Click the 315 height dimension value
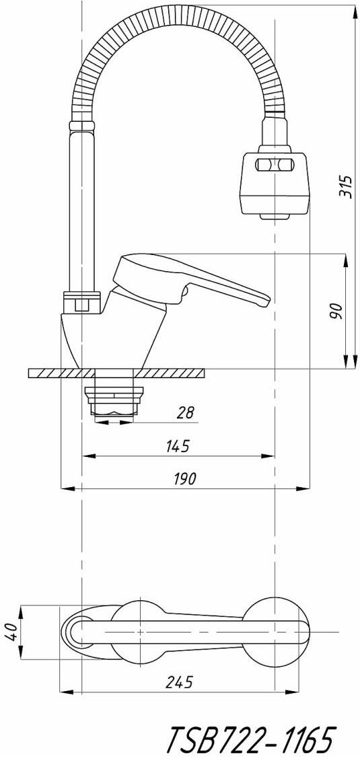(345, 186)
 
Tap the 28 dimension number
(185, 412)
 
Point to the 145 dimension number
(178, 447)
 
